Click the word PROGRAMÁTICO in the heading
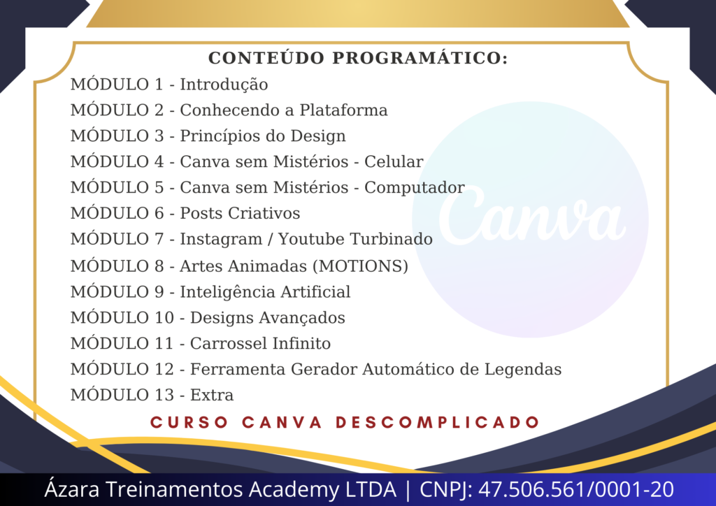pyautogui.click(x=420, y=58)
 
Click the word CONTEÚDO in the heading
pyautogui.click(x=266, y=57)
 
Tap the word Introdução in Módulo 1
pyautogui.click(x=224, y=85)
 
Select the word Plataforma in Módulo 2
pyautogui.click(x=343, y=110)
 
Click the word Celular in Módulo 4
pyautogui.click(x=394, y=161)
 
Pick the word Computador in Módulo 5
pyautogui.click(x=415, y=188)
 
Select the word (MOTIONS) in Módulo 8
pyautogui.click(x=360, y=266)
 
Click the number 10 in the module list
pyautogui.click(x=164, y=317)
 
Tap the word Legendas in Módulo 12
pyautogui.click(x=523, y=370)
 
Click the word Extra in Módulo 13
pyautogui.click(x=212, y=395)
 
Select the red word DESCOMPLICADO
pyautogui.click(x=438, y=422)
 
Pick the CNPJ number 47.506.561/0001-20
pyautogui.click(x=576, y=489)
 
